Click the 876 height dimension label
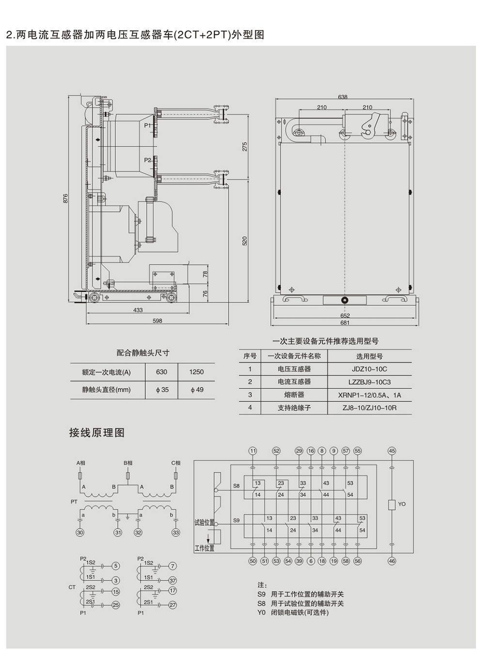pos(66,198)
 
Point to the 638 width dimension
pos(342,97)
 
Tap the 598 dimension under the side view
pos(157,321)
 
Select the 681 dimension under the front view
pos(344,323)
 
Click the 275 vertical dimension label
pos(245,146)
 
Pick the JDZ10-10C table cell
pos(369,369)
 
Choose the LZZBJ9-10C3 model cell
pos(369,382)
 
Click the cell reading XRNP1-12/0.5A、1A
pos(369,395)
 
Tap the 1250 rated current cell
pos(196,372)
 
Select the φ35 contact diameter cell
pos(162,389)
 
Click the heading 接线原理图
pos(97,432)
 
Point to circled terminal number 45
pos(392,451)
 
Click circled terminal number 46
pos(392,561)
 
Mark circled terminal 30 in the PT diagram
pos(80,533)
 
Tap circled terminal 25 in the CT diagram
pos(116,605)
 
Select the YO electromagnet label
pos(402,504)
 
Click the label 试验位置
pos(204,522)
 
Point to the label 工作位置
pos(204,548)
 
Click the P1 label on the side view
pos(148,125)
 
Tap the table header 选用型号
pos(369,356)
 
